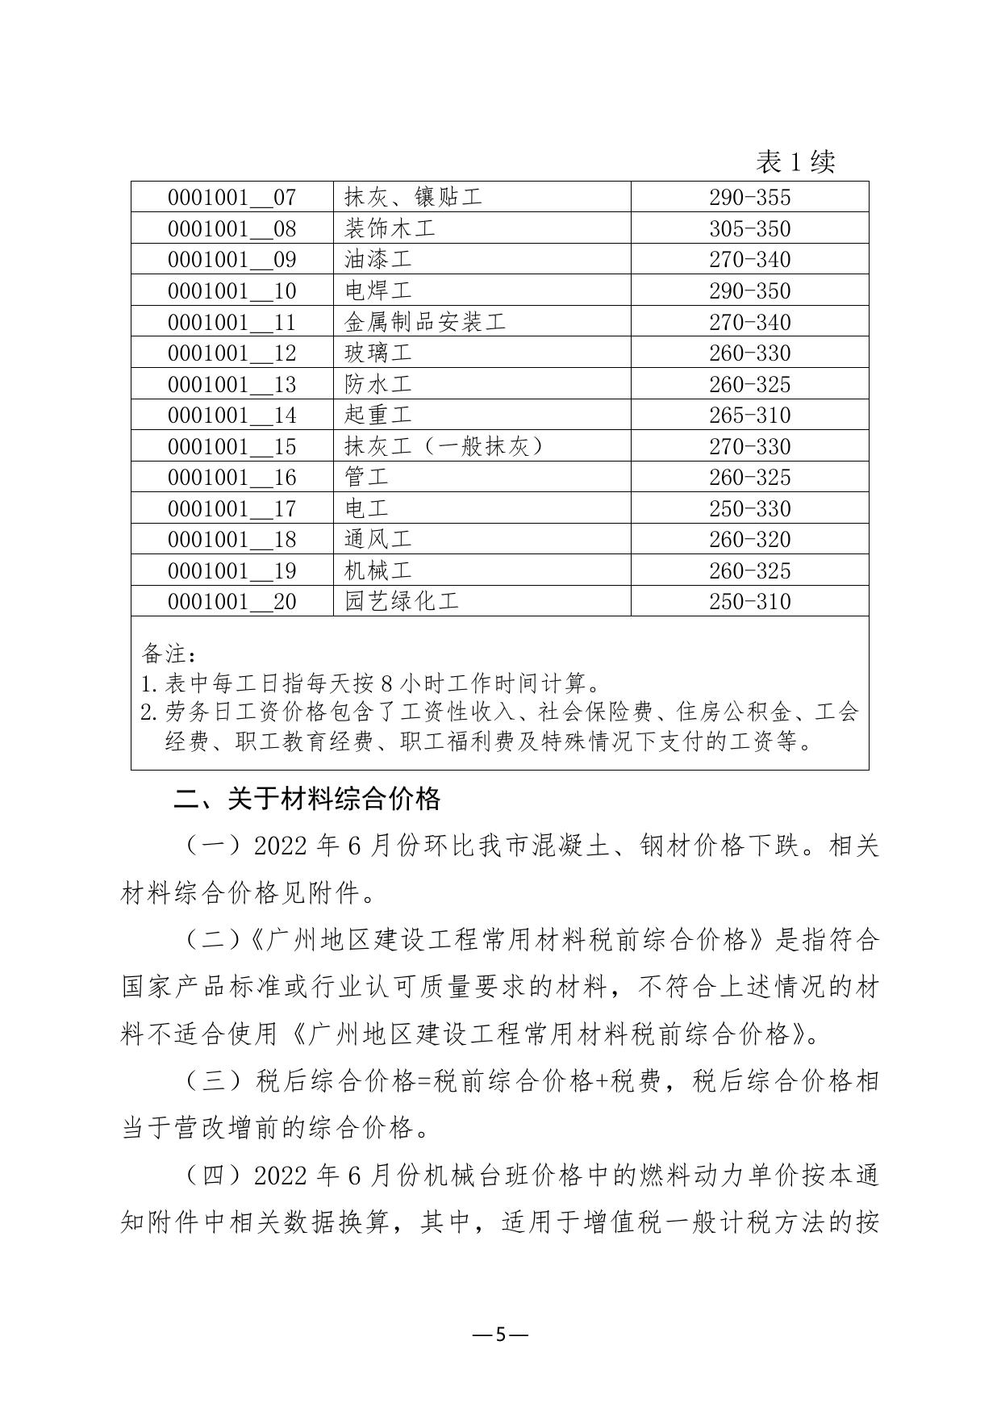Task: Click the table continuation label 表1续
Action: (x=795, y=162)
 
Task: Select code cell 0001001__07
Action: (x=231, y=197)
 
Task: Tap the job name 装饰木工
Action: (x=390, y=228)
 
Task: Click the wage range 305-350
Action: (x=749, y=228)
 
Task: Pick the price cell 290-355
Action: (x=749, y=197)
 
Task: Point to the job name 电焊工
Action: (x=378, y=290)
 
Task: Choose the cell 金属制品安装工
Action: (x=424, y=322)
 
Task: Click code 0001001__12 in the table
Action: (x=231, y=353)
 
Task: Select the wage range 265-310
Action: (x=749, y=415)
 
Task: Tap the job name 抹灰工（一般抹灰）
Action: (x=443, y=446)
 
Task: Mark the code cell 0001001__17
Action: (x=231, y=508)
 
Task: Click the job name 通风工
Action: (x=378, y=539)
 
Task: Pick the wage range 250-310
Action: (x=749, y=601)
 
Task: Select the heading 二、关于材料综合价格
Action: (x=308, y=799)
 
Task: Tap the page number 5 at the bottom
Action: (x=500, y=1335)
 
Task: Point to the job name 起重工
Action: (x=378, y=415)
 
